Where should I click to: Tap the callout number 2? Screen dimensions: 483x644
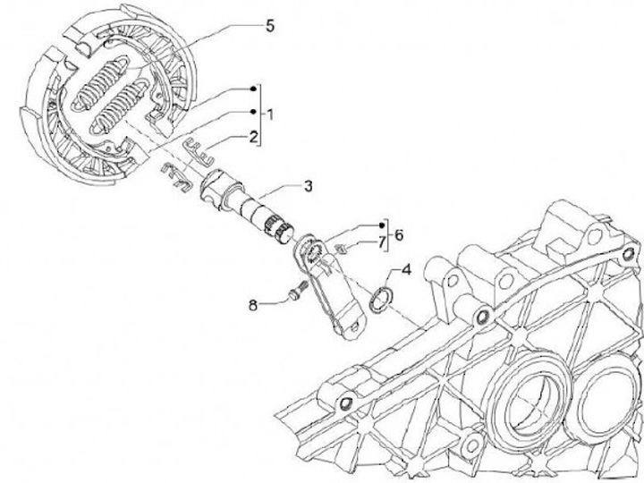255,137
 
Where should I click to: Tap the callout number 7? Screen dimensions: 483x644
380,242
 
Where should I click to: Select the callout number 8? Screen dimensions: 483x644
253,305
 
